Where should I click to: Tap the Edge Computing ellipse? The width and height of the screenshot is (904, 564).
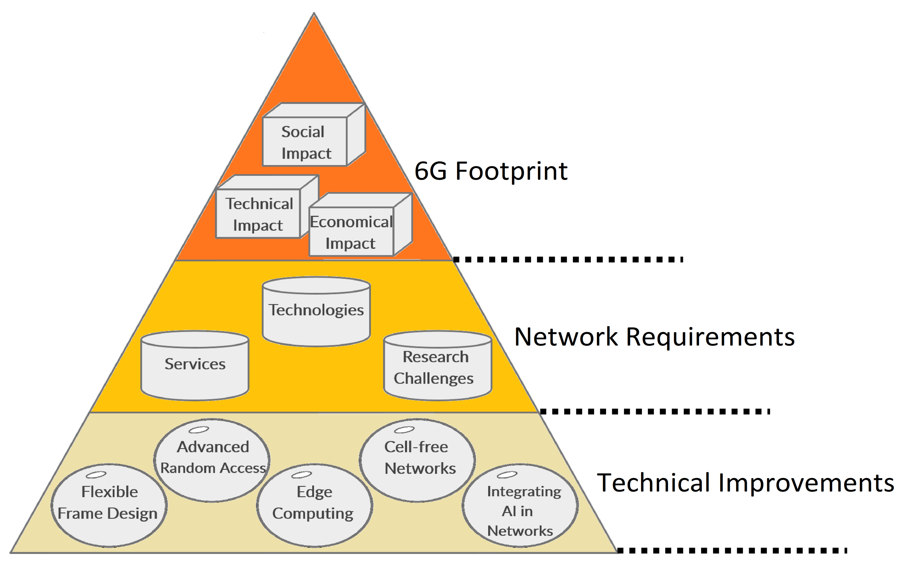point(314,505)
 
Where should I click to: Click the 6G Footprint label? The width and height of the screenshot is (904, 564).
point(491,172)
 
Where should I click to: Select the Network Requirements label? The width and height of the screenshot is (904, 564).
point(654,337)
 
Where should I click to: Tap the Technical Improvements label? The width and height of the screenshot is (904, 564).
point(745,483)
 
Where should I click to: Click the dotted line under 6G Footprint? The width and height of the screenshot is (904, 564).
point(567,259)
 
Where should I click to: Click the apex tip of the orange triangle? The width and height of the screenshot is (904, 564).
point(314,15)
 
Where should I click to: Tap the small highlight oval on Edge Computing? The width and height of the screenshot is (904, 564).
point(302,475)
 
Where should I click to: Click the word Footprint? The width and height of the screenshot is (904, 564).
point(511,172)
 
